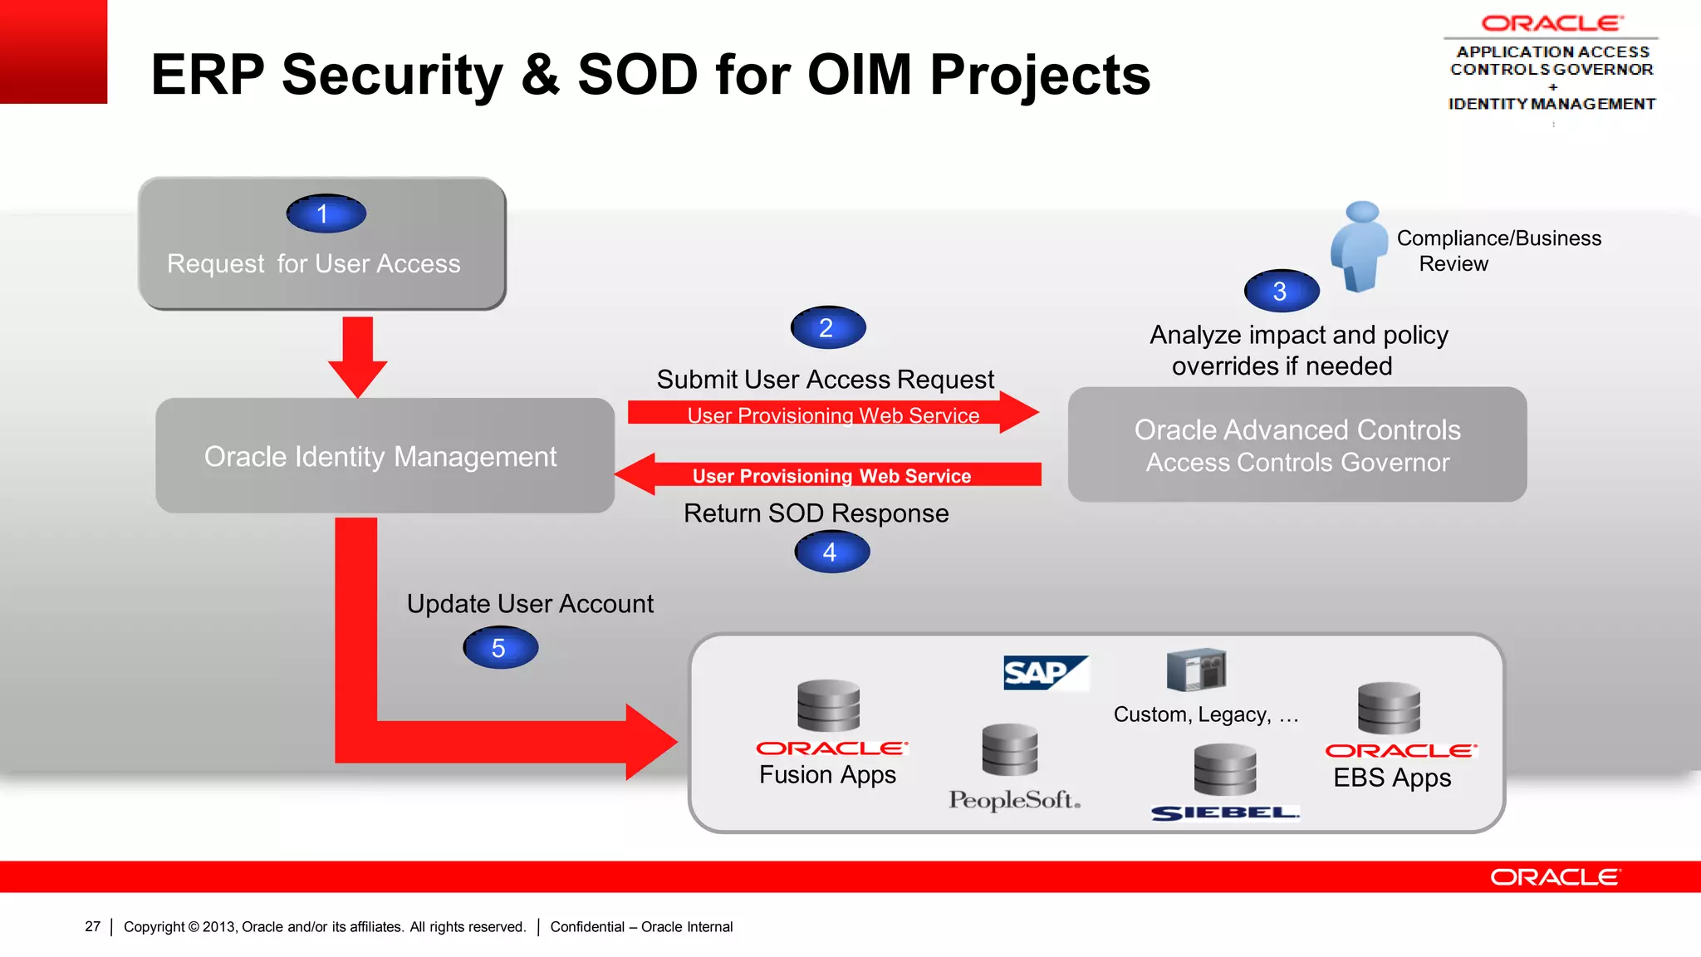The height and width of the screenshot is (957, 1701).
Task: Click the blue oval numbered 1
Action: pos(326,213)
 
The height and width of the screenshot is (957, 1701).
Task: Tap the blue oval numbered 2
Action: pos(827,327)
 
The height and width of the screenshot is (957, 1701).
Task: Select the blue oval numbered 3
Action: pos(1281,291)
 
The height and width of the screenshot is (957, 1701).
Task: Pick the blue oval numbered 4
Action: pos(831,552)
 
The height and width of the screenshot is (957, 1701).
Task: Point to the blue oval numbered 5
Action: pos(500,648)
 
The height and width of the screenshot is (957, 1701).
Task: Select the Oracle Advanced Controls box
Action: pos(1297,444)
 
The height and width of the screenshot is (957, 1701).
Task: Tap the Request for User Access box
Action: pos(321,244)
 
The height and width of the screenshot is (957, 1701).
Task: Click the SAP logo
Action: pos(1043,673)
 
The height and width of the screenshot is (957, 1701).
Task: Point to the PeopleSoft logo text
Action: pos(1014,800)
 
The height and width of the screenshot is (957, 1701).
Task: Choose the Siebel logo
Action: pos(1224,812)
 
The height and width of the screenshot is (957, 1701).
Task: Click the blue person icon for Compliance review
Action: pos(1359,246)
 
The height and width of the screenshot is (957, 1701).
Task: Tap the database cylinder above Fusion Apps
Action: pos(828,705)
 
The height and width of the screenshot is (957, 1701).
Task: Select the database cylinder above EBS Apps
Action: pos(1389,708)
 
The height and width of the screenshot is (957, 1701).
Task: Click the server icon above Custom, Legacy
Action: pos(1196,670)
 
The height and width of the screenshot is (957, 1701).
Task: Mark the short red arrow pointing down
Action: pos(357,356)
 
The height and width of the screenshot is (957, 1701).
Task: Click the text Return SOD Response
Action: pos(816,513)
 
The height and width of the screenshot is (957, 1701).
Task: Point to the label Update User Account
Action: pos(530,604)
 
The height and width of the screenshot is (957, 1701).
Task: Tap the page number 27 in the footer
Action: pos(92,926)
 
